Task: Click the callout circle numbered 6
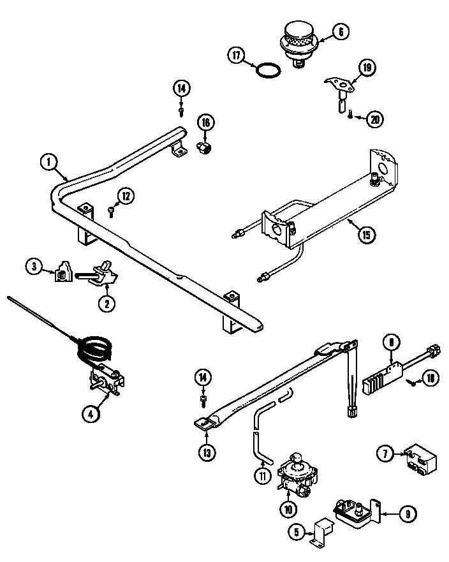(340, 31)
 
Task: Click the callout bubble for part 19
(367, 68)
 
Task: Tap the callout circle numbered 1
(48, 162)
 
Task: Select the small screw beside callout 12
(111, 209)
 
